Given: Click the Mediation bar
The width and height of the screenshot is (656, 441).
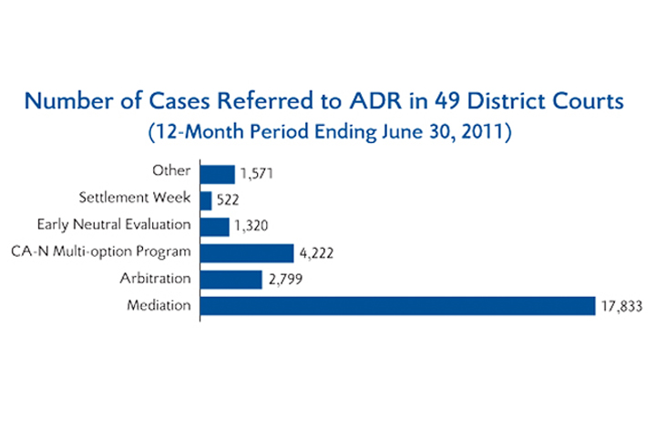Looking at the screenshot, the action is (x=397, y=306).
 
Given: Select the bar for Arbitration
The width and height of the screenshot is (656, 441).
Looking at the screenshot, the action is (x=231, y=280).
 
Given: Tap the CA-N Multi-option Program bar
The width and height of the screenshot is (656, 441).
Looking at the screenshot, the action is (x=247, y=253).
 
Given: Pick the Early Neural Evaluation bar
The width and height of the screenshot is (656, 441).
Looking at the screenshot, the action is (x=215, y=227).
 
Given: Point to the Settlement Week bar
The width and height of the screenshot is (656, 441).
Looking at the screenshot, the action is (x=206, y=200).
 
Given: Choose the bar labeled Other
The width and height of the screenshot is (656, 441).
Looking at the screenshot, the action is (x=218, y=174).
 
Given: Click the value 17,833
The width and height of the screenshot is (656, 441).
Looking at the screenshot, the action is (x=621, y=307).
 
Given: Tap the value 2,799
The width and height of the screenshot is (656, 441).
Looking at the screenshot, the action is (x=286, y=280).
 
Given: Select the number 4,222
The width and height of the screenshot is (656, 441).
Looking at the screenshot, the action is (x=317, y=253).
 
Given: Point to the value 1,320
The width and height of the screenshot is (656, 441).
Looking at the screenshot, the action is (x=251, y=226).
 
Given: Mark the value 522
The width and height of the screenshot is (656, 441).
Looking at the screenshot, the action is (x=228, y=200).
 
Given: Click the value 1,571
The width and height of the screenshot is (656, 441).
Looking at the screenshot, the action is (x=257, y=174).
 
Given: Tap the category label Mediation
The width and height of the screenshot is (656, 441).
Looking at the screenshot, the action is (x=159, y=305).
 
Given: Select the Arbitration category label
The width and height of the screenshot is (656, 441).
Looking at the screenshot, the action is (x=156, y=278).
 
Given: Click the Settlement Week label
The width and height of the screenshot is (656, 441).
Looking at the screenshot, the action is (x=135, y=197).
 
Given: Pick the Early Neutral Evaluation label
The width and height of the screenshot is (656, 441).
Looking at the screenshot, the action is (x=114, y=225).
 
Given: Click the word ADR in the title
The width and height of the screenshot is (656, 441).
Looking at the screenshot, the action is (x=375, y=101).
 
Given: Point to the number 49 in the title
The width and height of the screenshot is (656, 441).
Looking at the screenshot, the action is (x=447, y=101).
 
